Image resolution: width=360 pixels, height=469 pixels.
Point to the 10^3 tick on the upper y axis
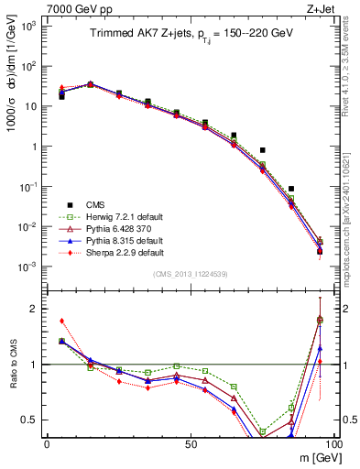[x=29, y=26]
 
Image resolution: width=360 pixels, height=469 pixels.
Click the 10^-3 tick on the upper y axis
[x=29, y=267]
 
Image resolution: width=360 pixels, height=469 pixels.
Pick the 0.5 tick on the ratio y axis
[x=32, y=420]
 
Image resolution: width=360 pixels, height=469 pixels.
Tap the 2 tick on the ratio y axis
[x=36, y=309]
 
